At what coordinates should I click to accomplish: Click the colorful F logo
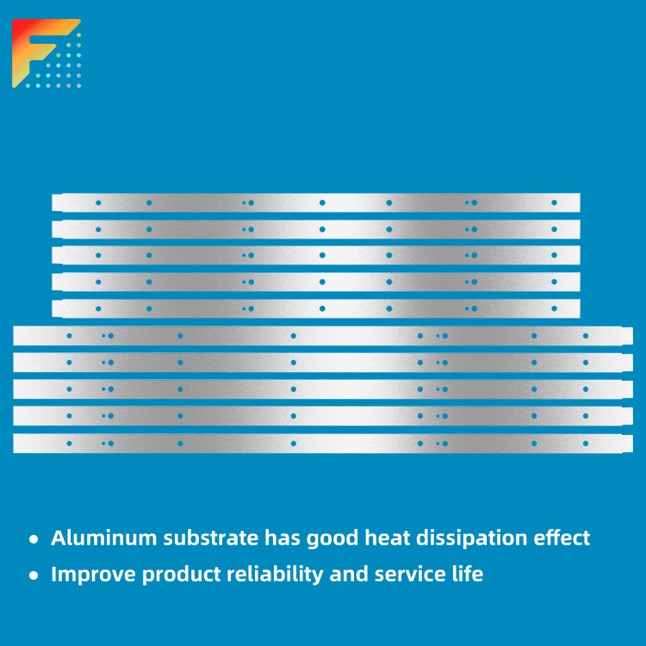[x=47, y=53]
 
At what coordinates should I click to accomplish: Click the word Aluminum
[x=104, y=538]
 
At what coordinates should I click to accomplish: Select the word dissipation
[x=471, y=538]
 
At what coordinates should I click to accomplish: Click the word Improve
[x=93, y=575]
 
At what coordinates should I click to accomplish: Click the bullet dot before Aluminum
[x=34, y=539]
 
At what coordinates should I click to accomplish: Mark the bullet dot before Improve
[x=34, y=575]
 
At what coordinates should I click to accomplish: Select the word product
[x=181, y=575]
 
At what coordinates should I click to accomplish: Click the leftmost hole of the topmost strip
[x=98, y=202]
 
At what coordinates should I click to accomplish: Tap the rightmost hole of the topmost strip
[x=554, y=202]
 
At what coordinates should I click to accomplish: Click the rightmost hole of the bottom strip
[x=586, y=444]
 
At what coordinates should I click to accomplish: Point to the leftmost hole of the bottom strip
[x=69, y=444]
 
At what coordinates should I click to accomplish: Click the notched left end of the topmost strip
[x=57, y=202]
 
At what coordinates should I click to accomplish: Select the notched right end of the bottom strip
[x=627, y=444]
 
